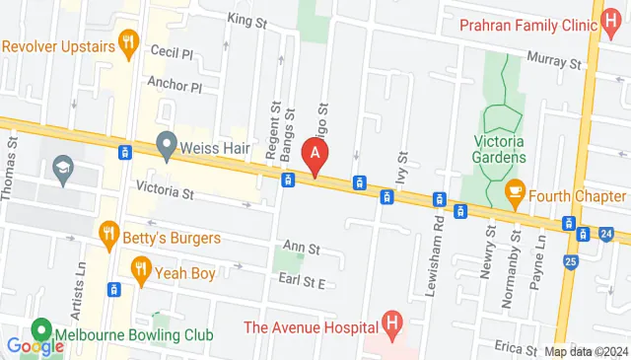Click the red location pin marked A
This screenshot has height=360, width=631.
315,154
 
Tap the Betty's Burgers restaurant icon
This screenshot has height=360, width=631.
109,234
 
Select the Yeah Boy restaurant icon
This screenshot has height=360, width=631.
141,267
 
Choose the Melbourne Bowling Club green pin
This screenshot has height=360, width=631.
41,329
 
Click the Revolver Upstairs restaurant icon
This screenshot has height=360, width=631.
126,42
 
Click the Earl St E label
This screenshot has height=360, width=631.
301,281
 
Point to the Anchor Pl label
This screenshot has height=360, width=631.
175,86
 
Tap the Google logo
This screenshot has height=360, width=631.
35,346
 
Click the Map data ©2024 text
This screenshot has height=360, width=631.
585,351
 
